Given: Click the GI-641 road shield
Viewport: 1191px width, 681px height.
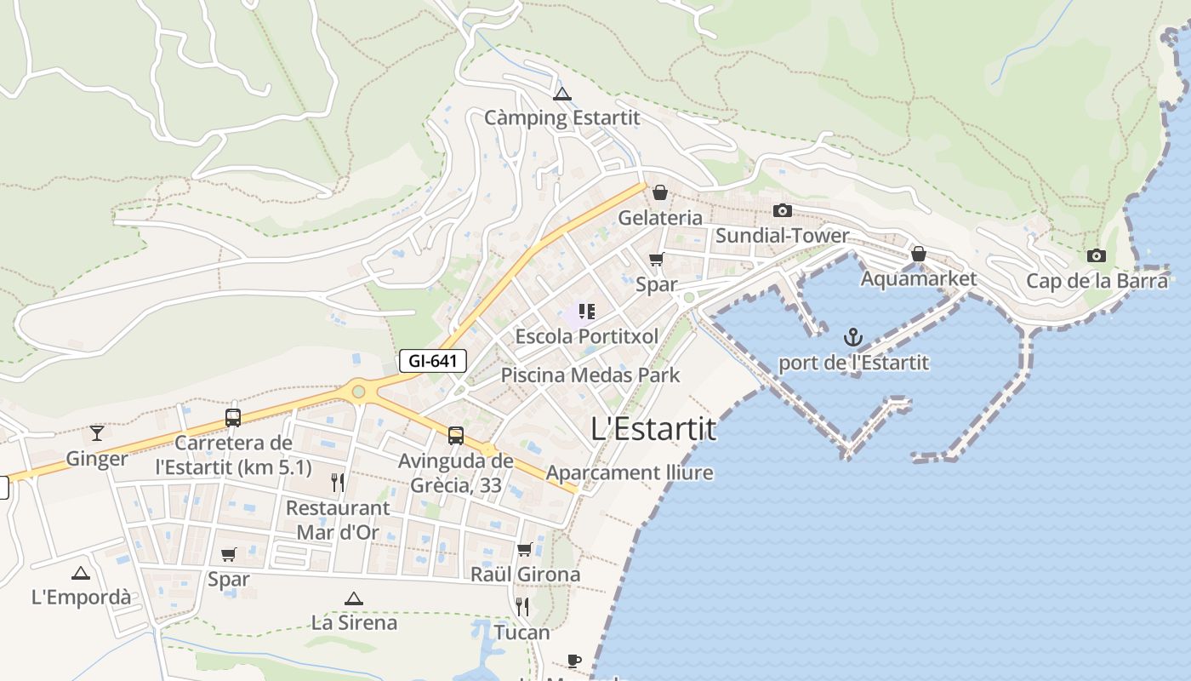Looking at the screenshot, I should click(433, 361).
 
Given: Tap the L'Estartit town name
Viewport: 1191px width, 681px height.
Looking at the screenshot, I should click(653, 429).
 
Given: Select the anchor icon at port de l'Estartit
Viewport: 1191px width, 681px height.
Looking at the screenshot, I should click(853, 338).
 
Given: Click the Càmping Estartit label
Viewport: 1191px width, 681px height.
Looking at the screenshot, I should click(561, 117).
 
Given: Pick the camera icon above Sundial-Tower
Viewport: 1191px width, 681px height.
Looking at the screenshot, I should click(782, 210).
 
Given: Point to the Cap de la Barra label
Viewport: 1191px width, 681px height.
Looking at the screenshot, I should click(1097, 281).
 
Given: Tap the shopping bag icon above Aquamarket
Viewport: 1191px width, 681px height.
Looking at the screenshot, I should click(919, 254).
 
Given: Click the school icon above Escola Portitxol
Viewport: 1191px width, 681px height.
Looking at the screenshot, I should click(586, 312).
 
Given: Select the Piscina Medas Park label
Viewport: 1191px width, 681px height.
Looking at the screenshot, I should click(590, 375).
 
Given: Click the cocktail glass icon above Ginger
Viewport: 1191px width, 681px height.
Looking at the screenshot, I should click(97, 433).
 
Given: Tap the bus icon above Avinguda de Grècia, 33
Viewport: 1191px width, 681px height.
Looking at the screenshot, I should click(456, 436).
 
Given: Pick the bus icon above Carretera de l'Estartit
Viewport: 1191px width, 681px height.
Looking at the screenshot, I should click(233, 417).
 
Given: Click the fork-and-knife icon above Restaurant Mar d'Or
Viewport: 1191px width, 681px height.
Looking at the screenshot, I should click(338, 483).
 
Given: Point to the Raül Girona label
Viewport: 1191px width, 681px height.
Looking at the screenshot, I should click(525, 575).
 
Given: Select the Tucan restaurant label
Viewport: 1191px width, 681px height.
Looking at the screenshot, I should click(522, 632).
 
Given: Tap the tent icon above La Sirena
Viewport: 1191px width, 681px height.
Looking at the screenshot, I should click(354, 598).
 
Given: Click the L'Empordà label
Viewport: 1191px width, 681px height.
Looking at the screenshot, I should click(81, 598).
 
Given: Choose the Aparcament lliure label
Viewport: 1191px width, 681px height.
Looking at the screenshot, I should click(630, 472).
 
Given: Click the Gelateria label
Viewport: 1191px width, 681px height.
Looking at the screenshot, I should click(660, 218).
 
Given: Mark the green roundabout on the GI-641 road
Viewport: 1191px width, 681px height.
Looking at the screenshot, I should click(358, 392).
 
